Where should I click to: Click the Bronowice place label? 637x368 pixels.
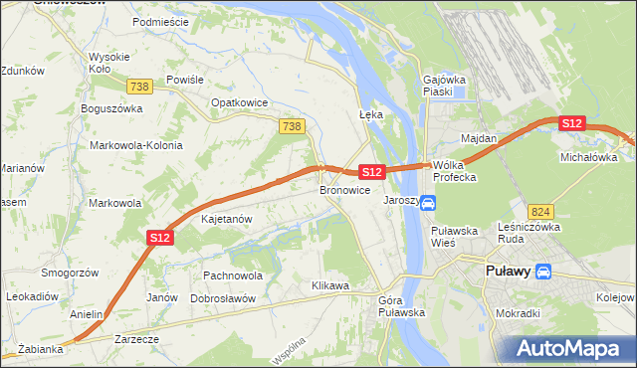tap(345, 189)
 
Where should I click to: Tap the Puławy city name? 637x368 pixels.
tap(507, 271)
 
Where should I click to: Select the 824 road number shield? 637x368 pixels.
tap(540, 212)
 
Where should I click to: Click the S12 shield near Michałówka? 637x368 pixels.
tap(570, 122)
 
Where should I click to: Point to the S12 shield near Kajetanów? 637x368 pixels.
tap(161, 238)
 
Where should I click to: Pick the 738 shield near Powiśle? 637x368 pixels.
tap(139, 88)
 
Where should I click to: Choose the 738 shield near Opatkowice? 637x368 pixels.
tap(292, 126)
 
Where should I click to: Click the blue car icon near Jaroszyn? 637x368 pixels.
tap(427, 203)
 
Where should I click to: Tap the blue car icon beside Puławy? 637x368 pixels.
tap(543, 271)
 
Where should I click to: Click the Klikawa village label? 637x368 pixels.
tap(329, 286)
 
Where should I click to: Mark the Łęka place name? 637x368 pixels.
tap(370, 114)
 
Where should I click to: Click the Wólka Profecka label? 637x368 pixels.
tap(455, 171)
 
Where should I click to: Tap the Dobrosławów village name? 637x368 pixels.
tap(223, 298)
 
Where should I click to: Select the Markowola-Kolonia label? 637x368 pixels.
tap(136, 145)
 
